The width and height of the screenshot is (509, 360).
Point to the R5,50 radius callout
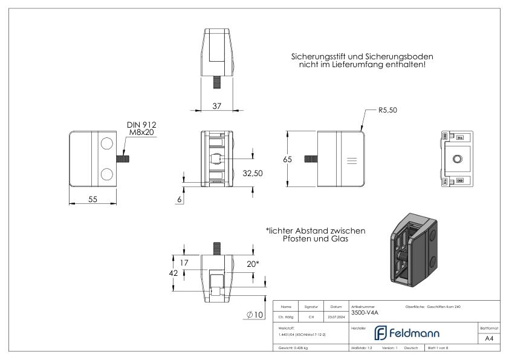coord(388,110)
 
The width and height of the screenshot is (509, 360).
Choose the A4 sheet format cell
coord(490,339)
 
